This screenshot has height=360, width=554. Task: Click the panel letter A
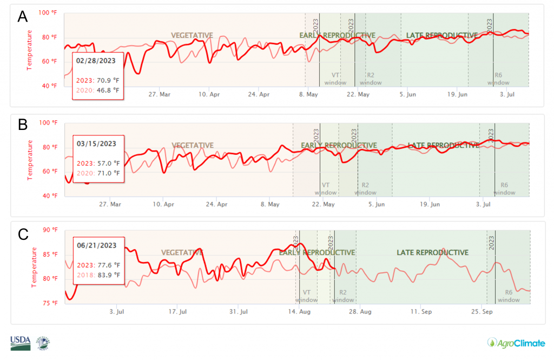pyautogui.click(x=23, y=17)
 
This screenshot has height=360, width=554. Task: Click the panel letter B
pyautogui.click(x=23, y=125)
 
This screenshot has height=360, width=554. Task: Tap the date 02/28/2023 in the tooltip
pyautogui.click(x=96, y=60)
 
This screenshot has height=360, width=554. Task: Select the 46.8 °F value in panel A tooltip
pyautogui.click(x=108, y=90)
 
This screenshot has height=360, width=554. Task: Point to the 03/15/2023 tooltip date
pyautogui.click(x=96, y=143)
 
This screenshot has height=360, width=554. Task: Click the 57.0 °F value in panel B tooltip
pyautogui.click(x=108, y=163)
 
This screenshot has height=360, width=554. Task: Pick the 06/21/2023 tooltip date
pyautogui.click(x=96, y=245)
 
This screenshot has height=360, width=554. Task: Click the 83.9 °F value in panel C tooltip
pyautogui.click(x=108, y=274)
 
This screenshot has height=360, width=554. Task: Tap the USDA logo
pyautogui.click(x=20, y=343)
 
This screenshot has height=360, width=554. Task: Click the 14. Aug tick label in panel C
pyautogui.click(x=299, y=312)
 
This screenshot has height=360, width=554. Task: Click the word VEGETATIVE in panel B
pyautogui.click(x=193, y=146)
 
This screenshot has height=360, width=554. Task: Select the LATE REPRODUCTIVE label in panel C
pyautogui.click(x=432, y=253)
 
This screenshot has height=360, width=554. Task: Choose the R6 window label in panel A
pyautogui.click(x=498, y=79)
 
